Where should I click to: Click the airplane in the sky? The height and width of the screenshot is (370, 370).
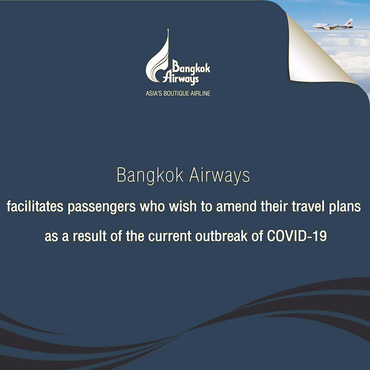(x=333, y=25)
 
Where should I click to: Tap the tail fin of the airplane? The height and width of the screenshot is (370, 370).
(x=349, y=22)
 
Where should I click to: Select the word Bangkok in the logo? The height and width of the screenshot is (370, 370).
(x=191, y=67)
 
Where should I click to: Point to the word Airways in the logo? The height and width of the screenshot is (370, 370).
(x=181, y=78)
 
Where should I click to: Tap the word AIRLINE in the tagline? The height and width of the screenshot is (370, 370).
(x=201, y=93)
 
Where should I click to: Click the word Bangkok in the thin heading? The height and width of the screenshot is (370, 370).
(x=150, y=176)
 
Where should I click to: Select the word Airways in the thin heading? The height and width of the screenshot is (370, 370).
(x=219, y=176)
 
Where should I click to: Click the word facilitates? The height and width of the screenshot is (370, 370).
(x=35, y=206)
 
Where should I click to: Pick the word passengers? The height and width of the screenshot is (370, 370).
(x=102, y=207)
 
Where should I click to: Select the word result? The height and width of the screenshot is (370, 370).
(x=90, y=236)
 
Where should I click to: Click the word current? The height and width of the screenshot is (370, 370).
(x=170, y=236)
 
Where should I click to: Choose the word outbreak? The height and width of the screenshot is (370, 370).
(x=222, y=236)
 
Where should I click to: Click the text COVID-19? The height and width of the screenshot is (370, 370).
(x=297, y=236)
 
